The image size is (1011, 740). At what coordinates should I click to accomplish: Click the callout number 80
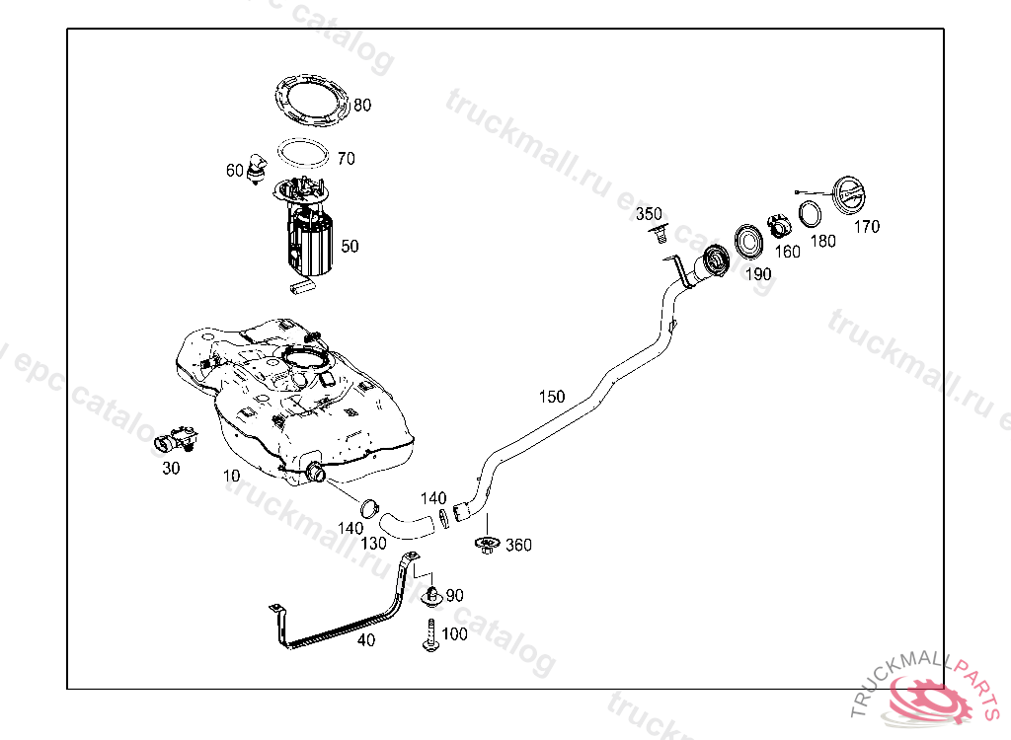click(x=362, y=105)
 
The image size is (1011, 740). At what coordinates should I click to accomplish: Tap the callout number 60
click(x=234, y=171)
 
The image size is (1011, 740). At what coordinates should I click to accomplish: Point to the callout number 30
click(x=171, y=468)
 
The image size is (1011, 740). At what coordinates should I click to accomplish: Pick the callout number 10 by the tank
click(x=231, y=476)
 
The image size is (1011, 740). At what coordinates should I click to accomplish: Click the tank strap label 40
click(x=366, y=640)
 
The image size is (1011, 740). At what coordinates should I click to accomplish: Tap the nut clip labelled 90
click(x=431, y=596)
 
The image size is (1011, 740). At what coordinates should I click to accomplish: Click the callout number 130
click(x=373, y=544)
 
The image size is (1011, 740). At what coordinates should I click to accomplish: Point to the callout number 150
click(x=552, y=397)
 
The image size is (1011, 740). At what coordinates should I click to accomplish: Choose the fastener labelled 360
click(x=486, y=544)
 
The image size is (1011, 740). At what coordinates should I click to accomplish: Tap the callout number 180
click(x=822, y=241)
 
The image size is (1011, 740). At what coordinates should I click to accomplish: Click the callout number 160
click(x=787, y=252)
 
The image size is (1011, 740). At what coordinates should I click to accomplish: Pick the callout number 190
click(x=757, y=274)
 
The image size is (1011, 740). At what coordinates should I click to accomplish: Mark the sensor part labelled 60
click(x=259, y=167)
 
